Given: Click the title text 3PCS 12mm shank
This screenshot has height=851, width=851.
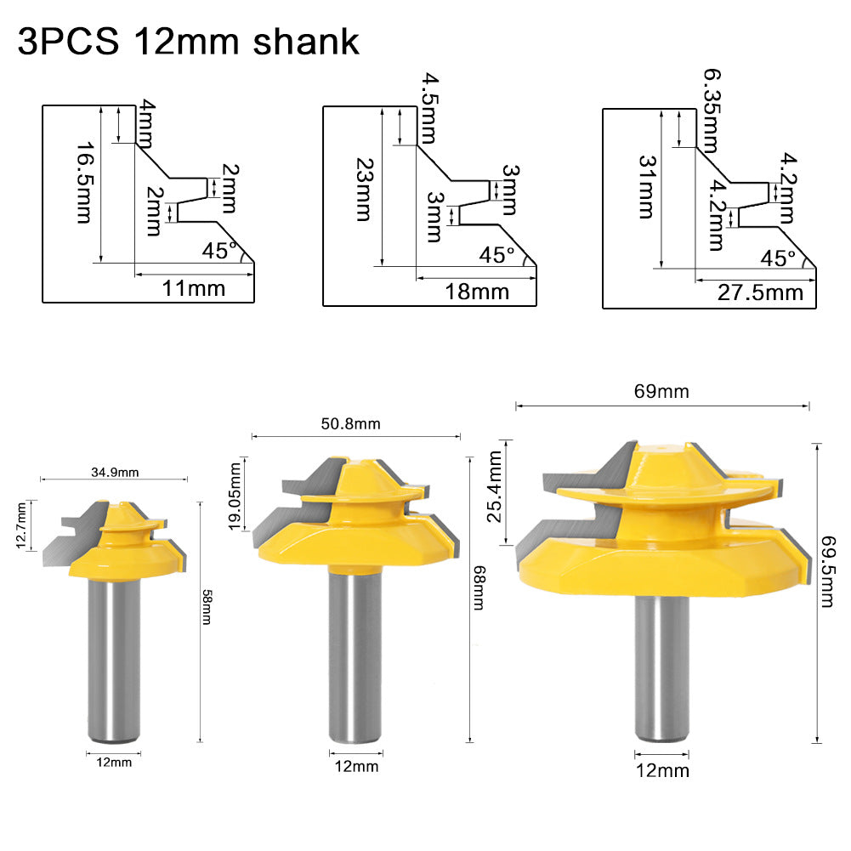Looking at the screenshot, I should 188,42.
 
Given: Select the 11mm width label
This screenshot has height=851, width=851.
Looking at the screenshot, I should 194,288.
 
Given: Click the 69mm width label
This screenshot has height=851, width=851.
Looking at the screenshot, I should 661,392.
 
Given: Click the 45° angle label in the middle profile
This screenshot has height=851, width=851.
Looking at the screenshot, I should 497,254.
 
